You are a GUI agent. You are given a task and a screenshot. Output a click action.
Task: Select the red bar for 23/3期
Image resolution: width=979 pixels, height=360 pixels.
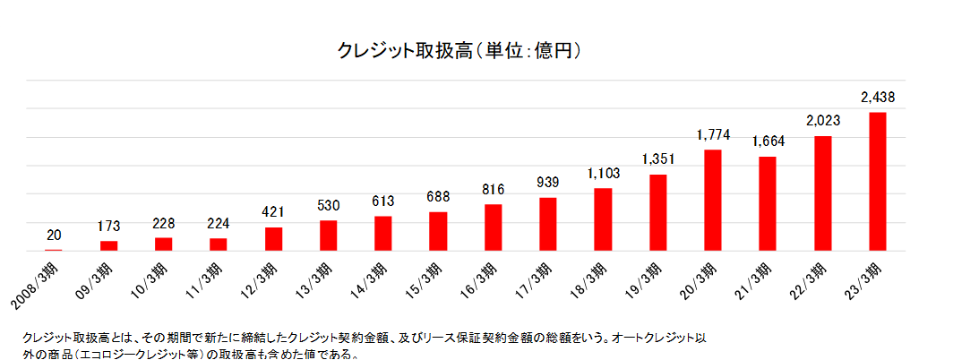(x=878, y=182)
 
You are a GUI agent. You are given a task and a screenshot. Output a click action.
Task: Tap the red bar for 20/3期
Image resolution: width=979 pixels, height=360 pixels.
(x=713, y=201)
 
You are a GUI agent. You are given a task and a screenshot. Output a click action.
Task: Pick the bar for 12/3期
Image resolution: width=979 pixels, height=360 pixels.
(x=274, y=239)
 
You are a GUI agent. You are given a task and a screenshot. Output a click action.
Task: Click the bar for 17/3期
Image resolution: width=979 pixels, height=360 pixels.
(x=548, y=224)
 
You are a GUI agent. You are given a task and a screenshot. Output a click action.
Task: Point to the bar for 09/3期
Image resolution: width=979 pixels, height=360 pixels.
(x=109, y=246)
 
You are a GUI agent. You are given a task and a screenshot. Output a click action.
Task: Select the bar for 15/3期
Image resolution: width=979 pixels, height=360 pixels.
(x=438, y=231)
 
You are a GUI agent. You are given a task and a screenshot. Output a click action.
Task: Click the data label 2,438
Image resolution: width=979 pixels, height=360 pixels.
(x=878, y=97)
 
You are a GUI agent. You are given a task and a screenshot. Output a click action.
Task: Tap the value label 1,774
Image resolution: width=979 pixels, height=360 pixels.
(x=713, y=135)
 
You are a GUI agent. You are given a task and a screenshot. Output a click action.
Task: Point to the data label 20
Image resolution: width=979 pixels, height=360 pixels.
(x=54, y=236)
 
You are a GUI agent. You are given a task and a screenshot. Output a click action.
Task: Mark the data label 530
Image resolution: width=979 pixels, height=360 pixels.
(x=329, y=206)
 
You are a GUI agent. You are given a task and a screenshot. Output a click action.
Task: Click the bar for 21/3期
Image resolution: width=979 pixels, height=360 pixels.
(x=768, y=204)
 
